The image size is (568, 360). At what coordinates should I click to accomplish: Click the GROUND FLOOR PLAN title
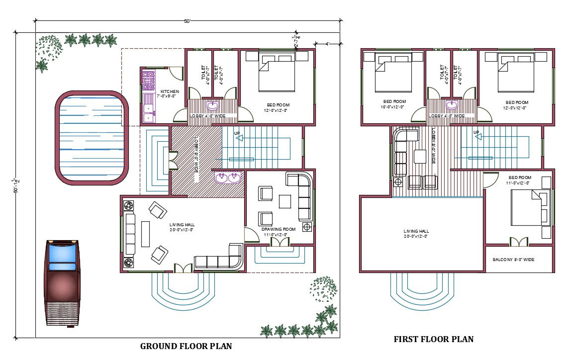pos(186,346)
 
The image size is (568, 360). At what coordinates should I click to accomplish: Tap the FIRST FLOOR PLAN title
pos(433,339)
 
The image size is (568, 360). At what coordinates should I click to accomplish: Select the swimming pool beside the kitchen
pos(91,137)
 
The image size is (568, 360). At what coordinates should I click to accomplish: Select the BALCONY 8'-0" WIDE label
pos(513,260)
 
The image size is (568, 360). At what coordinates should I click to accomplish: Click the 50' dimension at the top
pos(187,21)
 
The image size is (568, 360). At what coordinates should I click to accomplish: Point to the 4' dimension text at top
pos(328,44)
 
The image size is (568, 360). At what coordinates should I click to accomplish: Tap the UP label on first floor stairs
pos(476,132)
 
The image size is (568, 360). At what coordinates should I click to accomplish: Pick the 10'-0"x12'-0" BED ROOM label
pos(392,104)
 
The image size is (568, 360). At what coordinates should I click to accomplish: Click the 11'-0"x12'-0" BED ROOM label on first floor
pos(520,180)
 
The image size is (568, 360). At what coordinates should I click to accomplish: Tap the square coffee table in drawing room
pos(285,201)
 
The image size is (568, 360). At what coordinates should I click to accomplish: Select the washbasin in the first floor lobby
pos(452,105)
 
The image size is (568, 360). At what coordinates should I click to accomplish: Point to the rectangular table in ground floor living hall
pos(145,234)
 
